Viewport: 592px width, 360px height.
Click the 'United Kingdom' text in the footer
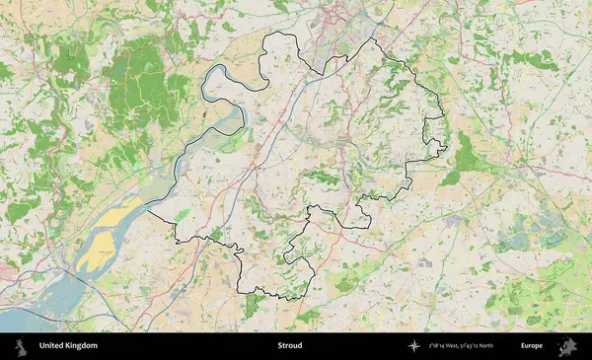coord(68,346)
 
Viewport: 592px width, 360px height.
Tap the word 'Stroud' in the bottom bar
coord(289,346)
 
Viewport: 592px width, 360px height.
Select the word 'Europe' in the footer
coord(532,346)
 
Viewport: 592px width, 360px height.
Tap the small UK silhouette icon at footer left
coord(20,346)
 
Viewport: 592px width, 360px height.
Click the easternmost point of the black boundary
coord(447,148)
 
